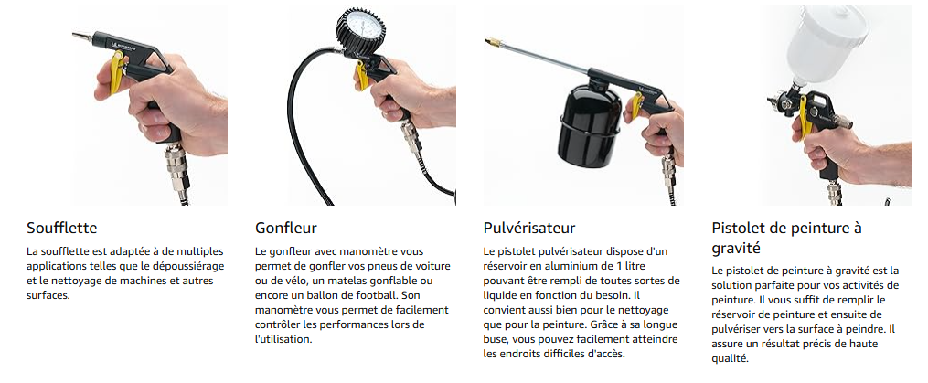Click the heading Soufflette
pyautogui.click(x=61, y=228)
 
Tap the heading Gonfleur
pyautogui.click(x=286, y=228)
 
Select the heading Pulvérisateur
pyautogui.click(x=529, y=228)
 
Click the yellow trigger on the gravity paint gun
pyautogui.click(x=803, y=115)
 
